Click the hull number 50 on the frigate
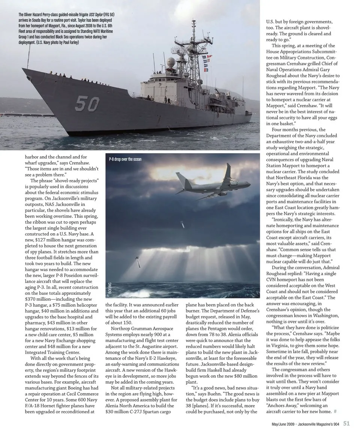pos(87,103)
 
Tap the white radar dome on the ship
pos(171,61)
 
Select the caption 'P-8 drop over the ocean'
pos(125,159)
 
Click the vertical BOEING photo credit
pos(110,288)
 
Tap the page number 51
pos(346,423)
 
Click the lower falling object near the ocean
pos(138,262)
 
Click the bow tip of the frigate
pos(23,69)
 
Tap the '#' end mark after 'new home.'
pos(335,411)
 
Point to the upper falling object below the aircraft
pos(182,225)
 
